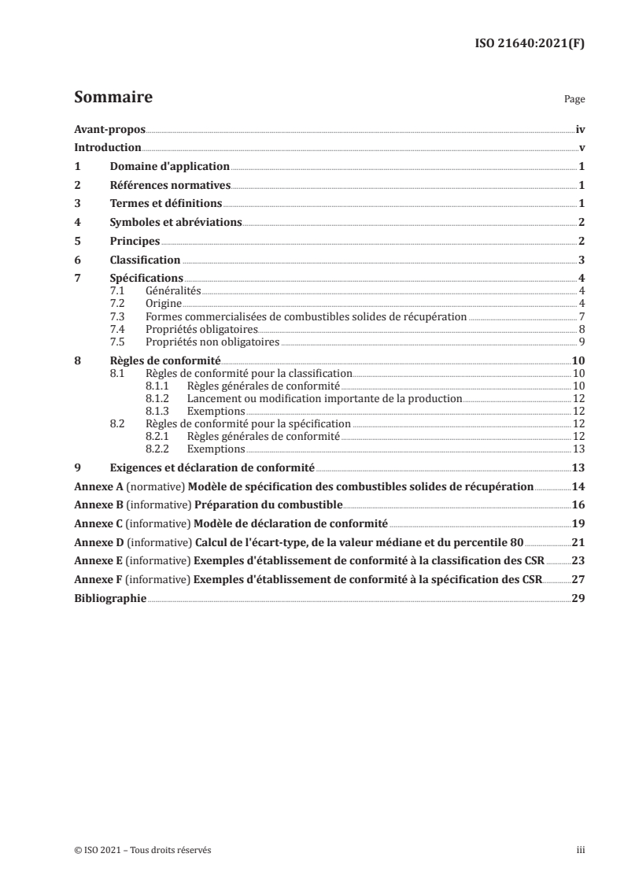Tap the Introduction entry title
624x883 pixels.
(107, 147)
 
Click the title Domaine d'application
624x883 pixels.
(169, 166)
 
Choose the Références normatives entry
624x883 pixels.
(169, 185)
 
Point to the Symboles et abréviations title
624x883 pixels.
(175, 222)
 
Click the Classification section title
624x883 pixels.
(145, 260)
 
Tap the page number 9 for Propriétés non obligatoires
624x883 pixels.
(580, 342)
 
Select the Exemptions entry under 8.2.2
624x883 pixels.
(216, 449)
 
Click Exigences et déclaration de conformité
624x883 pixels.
(212, 467)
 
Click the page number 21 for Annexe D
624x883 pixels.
(577, 542)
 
